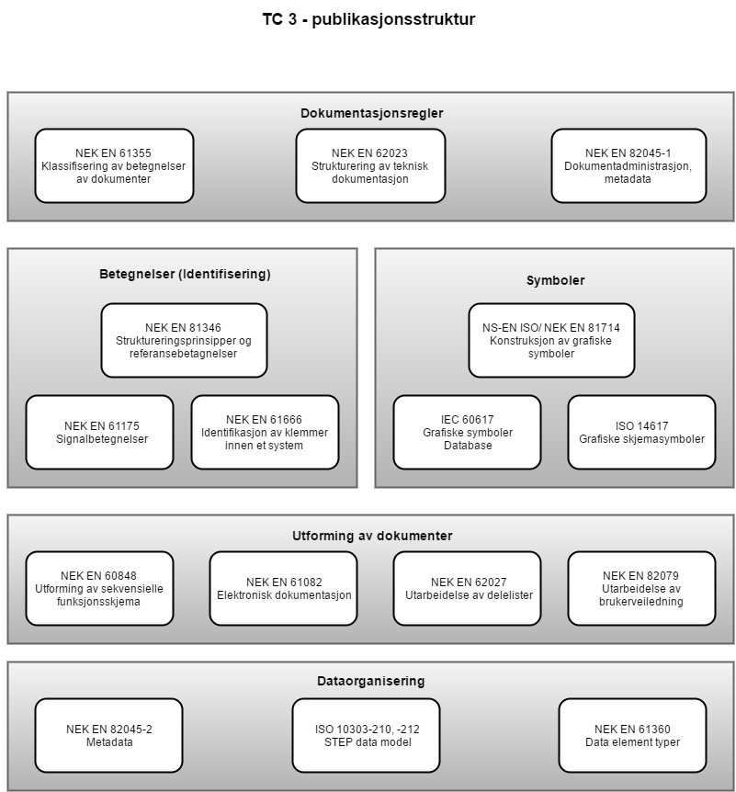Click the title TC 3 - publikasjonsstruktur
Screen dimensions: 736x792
[x=368, y=19]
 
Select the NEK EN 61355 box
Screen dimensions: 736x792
[x=114, y=165]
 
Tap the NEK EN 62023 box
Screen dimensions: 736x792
[x=370, y=165]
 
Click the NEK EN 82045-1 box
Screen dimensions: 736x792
[x=628, y=165]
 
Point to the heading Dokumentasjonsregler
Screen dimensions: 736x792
[x=372, y=113]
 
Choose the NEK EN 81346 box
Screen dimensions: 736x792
[x=184, y=340]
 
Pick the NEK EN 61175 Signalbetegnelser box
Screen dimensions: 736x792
[x=99, y=432]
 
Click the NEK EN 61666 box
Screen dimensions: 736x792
[x=265, y=432]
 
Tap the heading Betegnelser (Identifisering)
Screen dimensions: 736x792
[x=185, y=274]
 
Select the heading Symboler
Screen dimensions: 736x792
[x=555, y=280]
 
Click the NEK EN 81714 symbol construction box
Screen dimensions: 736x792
[x=551, y=340]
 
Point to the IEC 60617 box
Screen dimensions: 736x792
[x=467, y=432]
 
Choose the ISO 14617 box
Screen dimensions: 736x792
[x=641, y=432]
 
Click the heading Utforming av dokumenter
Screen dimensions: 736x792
[x=372, y=536]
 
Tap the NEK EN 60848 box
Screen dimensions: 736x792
[x=99, y=588]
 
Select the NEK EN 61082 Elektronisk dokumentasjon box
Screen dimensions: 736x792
[x=283, y=588]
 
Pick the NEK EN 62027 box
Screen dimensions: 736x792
[x=467, y=588]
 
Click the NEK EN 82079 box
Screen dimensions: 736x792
[x=641, y=588]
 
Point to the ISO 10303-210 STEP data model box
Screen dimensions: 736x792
[x=366, y=735]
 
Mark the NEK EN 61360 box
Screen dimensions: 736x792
[x=632, y=735]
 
